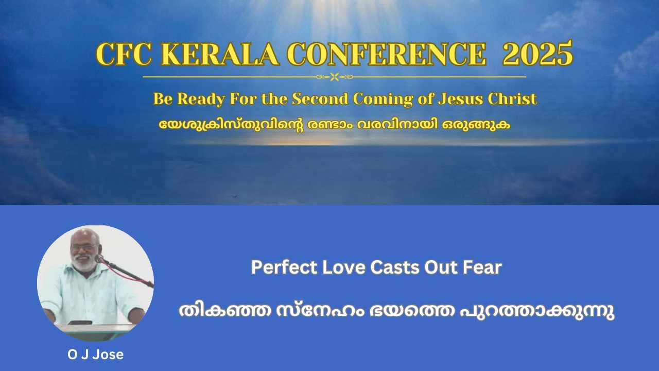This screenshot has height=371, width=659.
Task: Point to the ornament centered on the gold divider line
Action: [x=334, y=77]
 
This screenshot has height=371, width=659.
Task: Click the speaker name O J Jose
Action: [x=96, y=355]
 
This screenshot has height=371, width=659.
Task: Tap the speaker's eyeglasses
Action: [x=83, y=247]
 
